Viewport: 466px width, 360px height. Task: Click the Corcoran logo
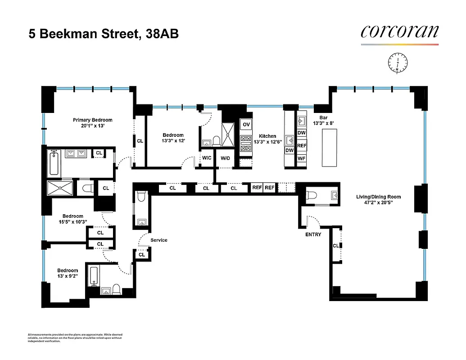pyautogui.click(x=399, y=32)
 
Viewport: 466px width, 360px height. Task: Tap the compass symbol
pyautogui.click(x=398, y=63)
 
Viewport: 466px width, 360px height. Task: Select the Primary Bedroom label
pyautogui.click(x=93, y=123)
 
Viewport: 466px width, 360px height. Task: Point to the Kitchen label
pyautogui.click(x=267, y=139)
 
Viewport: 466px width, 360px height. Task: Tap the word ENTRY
pyautogui.click(x=313, y=234)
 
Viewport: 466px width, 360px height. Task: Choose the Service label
pyautogui.click(x=158, y=240)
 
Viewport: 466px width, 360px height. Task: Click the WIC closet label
pyautogui.click(x=207, y=158)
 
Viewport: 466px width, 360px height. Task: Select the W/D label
pyautogui.click(x=224, y=158)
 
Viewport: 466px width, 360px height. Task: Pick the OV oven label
pyautogui.click(x=246, y=125)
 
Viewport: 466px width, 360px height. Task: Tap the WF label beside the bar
pyautogui.click(x=302, y=158)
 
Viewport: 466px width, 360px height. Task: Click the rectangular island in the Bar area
pyautogui.click(x=330, y=148)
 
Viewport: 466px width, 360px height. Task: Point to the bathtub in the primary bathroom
pyautogui.click(x=53, y=163)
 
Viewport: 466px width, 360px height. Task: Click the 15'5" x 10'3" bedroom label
pyautogui.click(x=72, y=219)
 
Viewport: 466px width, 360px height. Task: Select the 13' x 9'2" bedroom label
pyautogui.click(x=67, y=274)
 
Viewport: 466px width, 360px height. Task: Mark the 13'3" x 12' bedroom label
pyautogui.click(x=173, y=138)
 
